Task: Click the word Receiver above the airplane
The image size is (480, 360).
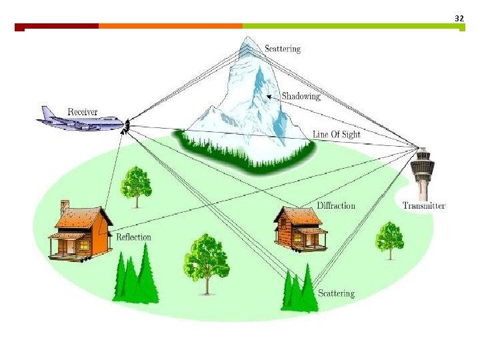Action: [x=83, y=111]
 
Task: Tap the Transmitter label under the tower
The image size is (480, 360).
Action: [x=424, y=205]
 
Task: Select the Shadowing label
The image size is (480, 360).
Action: [x=301, y=96]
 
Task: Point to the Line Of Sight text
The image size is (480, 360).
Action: [x=336, y=135]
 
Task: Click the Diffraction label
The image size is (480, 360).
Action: [x=336, y=205]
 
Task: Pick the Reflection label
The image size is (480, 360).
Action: [x=133, y=237]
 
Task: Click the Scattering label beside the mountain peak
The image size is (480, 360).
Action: [x=283, y=48]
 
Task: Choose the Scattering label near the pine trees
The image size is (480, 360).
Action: [x=336, y=293]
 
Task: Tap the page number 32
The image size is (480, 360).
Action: [x=459, y=19]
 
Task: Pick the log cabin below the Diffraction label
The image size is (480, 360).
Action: [x=299, y=228]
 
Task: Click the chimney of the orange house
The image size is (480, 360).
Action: [x=65, y=206]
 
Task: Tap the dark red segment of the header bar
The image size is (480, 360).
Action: [x=57, y=26]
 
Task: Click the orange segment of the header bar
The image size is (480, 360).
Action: [x=170, y=26]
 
